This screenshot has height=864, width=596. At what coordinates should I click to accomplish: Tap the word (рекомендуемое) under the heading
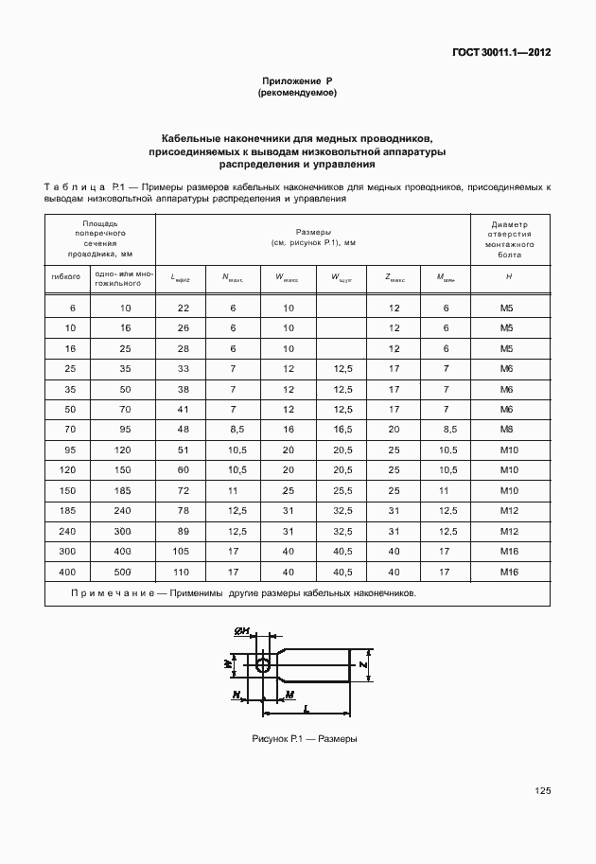tap(297, 94)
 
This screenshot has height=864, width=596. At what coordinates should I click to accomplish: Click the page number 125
tap(542, 791)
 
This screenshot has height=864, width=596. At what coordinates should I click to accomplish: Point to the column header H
tap(508, 277)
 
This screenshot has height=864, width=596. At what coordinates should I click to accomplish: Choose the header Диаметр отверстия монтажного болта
tap(508, 240)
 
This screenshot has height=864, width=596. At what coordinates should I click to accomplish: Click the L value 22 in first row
tap(184, 309)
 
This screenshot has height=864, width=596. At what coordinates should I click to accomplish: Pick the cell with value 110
tap(184, 572)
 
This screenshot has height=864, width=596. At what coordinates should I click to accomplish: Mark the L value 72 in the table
tap(184, 491)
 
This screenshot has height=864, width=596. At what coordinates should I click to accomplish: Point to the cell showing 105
tap(184, 552)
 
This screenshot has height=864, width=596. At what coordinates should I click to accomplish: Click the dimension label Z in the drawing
tap(364, 665)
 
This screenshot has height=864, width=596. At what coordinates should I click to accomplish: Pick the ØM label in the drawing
tap(241, 631)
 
